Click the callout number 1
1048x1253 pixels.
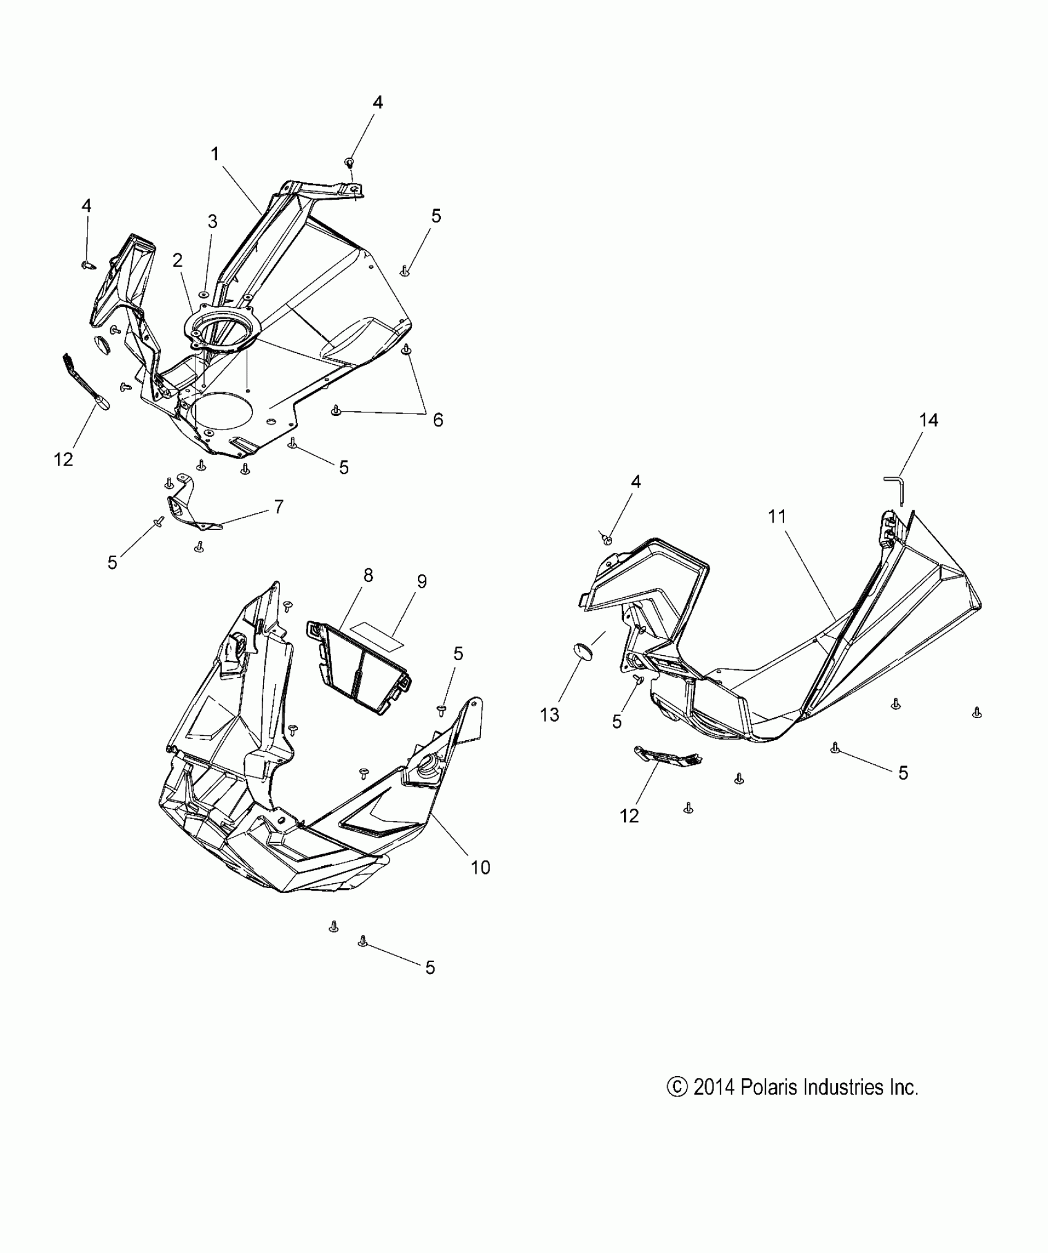pos(215,154)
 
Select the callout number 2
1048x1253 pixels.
pos(178,261)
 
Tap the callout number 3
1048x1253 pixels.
pos(212,222)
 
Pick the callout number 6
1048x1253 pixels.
pos(438,420)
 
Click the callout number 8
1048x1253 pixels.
pos(368,575)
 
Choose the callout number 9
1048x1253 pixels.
pos(422,581)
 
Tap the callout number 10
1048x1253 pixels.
pos(480,867)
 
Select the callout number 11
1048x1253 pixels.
pos(777,516)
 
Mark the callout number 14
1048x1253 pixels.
pos(928,420)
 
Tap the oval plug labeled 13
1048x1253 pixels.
pos(583,651)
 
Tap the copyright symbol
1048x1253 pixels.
pos(676,1087)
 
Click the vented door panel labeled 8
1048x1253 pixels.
pos(360,669)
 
